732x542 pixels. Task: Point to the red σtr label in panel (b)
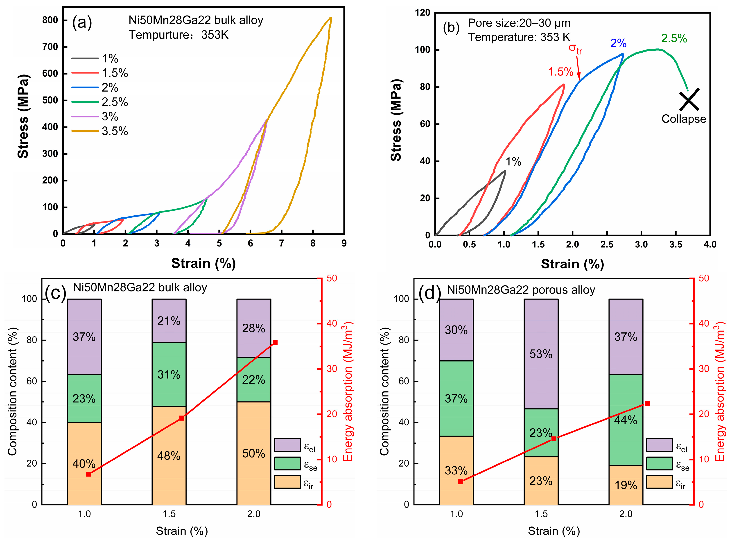coord(575,49)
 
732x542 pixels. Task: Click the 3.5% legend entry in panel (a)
coord(115,131)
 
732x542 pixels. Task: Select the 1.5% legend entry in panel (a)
coord(115,73)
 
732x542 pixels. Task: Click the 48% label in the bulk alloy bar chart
coord(169,456)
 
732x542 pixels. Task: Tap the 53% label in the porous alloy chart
coord(541,354)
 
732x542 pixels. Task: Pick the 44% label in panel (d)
coord(625,420)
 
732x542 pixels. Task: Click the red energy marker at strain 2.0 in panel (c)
coord(275,342)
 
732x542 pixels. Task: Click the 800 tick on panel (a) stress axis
coord(50,20)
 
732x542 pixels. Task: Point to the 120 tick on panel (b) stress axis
coord(422,13)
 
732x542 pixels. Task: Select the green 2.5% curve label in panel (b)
coord(674,38)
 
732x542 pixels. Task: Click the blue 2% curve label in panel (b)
coord(618,43)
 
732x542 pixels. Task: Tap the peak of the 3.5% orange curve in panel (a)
coord(330,18)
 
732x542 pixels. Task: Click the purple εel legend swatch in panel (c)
coord(287,445)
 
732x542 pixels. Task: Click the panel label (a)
coord(82,23)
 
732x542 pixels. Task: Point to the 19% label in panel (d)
coord(625,485)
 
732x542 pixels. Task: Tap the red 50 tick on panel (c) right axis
coord(332,278)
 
